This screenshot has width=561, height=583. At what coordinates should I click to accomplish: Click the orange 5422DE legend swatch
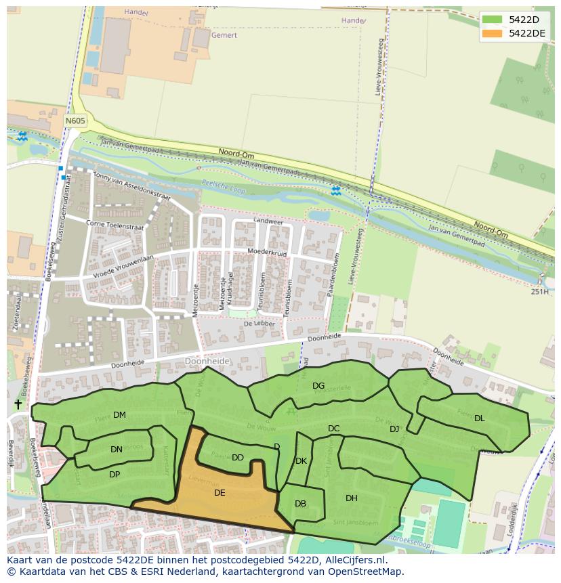tap(493, 33)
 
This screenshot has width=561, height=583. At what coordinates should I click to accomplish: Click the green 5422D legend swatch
tap(493, 20)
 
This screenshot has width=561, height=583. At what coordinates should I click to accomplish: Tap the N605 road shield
tap(75, 121)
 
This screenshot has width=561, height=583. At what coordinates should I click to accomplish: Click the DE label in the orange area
tap(220, 493)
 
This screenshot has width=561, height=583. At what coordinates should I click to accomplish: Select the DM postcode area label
tap(119, 415)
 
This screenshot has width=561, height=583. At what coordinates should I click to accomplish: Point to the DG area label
tap(318, 386)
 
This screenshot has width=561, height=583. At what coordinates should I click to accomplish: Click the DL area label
tap(480, 418)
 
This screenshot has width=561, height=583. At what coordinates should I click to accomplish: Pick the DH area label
tap(351, 498)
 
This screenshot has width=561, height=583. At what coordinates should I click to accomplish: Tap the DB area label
tap(300, 504)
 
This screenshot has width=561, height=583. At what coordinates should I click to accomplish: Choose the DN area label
tap(117, 450)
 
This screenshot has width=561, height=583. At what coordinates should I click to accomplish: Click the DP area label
tap(115, 475)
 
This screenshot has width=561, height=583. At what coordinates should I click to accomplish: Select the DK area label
tap(302, 461)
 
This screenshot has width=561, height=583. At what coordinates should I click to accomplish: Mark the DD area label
tap(237, 458)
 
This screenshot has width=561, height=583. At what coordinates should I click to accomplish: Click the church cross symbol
tap(18, 404)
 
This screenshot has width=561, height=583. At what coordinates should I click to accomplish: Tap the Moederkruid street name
tap(268, 253)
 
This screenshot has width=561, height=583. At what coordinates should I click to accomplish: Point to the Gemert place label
tap(224, 35)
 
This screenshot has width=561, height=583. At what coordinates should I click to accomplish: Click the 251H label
tap(539, 292)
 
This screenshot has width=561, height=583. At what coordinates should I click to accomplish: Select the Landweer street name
tap(268, 221)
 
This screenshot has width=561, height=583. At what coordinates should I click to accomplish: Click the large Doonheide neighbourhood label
tap(207, 362)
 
